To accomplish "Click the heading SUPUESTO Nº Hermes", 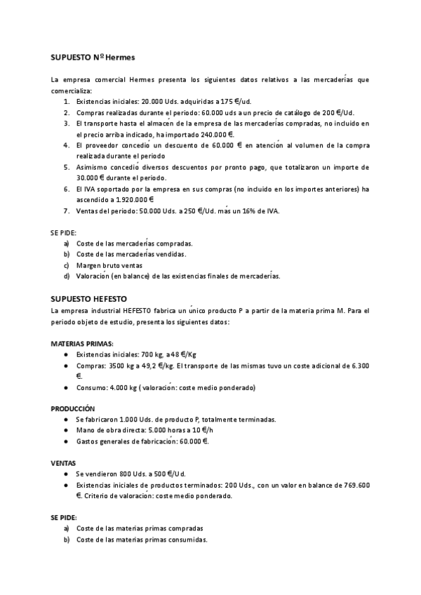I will click(92, 55).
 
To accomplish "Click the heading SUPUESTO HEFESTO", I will click(88, 298).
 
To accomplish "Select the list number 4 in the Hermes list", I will click(65, 145).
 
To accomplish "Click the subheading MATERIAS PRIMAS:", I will click(81, 344).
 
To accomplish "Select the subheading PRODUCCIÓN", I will click(72, 408).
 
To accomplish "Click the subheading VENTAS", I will click(63, 463).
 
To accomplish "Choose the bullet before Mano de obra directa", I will click(66, 430).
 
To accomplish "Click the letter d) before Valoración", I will click(66, 276).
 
